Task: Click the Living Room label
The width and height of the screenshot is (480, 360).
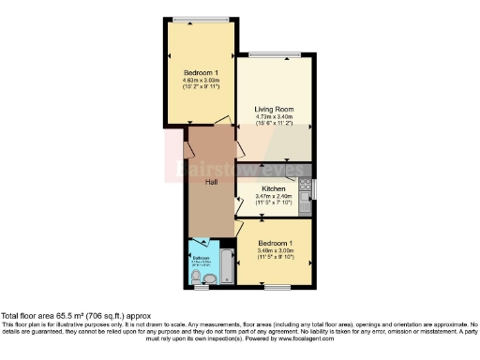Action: tap(274, 110)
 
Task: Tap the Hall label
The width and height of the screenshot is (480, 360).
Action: tap(213, 183)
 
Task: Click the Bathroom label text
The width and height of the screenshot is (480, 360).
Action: tap(201, 256)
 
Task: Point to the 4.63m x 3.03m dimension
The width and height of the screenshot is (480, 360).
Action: tap(201, 81)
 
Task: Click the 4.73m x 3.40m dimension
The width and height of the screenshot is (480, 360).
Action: tap(274, 118)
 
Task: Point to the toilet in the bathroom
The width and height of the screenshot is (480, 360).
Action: tap(208, 278)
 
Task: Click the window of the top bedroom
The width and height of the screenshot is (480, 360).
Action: tap(201, 18)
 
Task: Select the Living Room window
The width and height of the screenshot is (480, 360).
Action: tap(275, 52)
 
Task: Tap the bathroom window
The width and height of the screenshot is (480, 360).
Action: tap(200, 285)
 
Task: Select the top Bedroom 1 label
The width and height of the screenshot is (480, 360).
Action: tap(201, 73)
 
